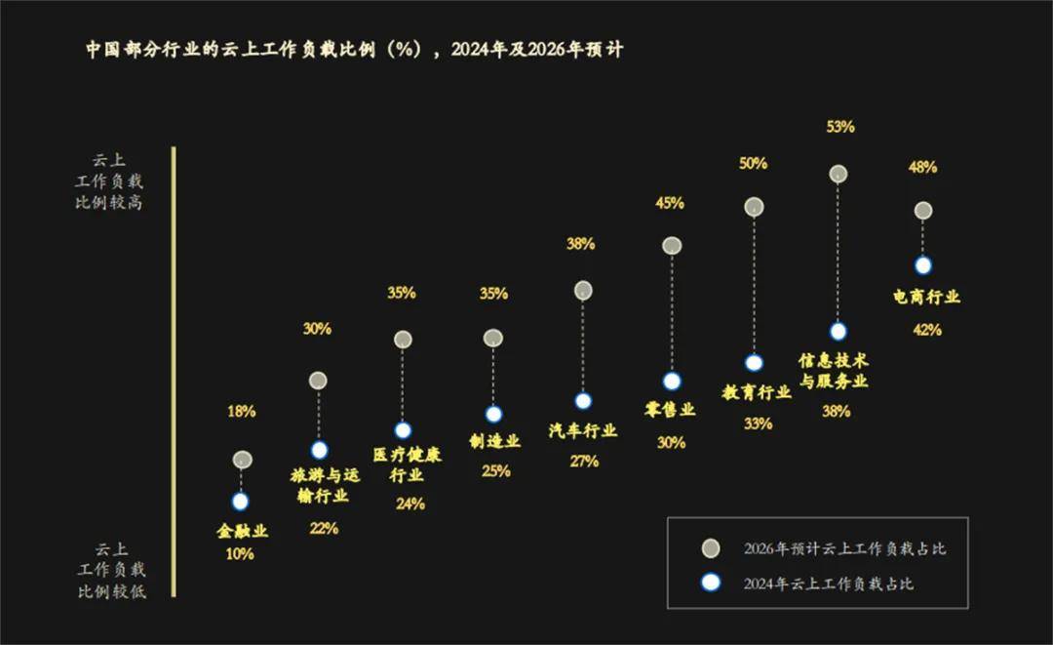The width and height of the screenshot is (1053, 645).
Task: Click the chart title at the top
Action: tap(354, 50)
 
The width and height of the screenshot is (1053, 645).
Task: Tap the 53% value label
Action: tap(839, 127)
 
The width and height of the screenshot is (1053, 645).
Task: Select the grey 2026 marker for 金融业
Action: tap(243, 460)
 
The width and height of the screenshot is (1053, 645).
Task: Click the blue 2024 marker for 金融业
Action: tap(241, 502)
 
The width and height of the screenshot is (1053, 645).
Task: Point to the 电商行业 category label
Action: tap(926, 297)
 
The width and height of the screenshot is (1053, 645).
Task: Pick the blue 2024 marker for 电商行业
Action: tap(923, 265)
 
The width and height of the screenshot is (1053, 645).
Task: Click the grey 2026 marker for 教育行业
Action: tap(754, 207)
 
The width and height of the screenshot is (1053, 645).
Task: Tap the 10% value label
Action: tap(240, 554)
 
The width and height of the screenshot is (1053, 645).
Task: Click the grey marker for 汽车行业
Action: tap(583, 290)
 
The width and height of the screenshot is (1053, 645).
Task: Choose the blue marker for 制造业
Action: tap(493, 414)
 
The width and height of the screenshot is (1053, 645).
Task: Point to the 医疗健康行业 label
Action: tap(407, 465)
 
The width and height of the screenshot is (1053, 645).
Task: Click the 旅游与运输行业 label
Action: tap(319, 485)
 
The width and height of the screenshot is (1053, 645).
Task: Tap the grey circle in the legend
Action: tap(711, 547)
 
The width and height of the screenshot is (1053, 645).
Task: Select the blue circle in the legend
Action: tap(711, 583)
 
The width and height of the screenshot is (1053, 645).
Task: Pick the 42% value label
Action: tap(926, 330)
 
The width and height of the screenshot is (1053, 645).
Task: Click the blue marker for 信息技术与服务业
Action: tap(838, 331)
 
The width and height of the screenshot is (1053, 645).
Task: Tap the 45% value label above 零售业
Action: tap(670, 204)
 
